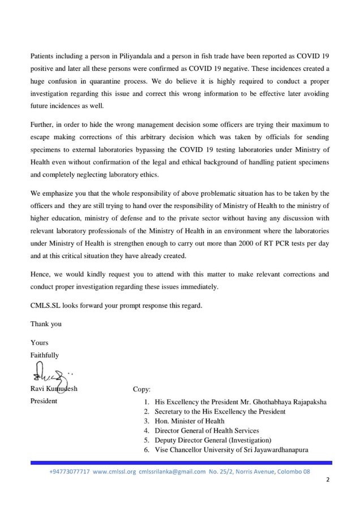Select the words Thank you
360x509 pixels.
tap(46, 324)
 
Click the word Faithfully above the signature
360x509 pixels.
tap(44, 355)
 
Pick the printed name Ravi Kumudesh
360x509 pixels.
tap(55, 389)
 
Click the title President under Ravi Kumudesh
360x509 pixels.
tap(44, 401)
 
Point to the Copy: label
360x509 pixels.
tap(142, 389)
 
